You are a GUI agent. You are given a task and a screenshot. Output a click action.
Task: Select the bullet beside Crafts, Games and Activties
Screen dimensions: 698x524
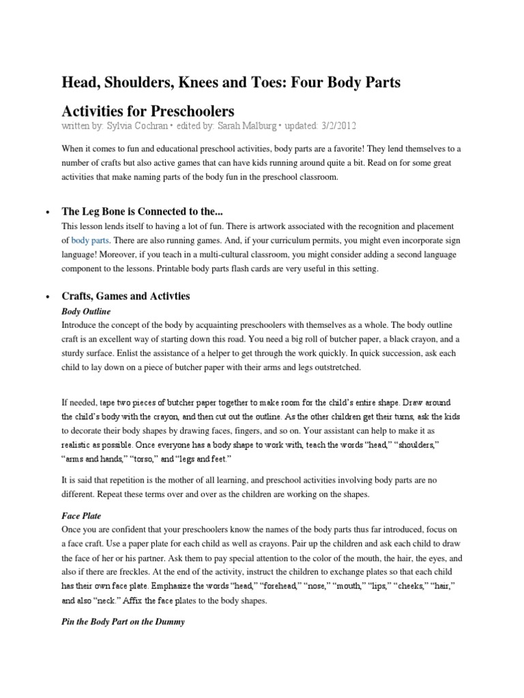[x=46, y=297]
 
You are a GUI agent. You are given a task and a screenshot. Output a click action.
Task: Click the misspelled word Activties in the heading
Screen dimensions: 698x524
[x=166, y=297]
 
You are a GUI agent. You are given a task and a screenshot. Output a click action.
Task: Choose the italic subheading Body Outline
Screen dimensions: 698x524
[x=86, y=311]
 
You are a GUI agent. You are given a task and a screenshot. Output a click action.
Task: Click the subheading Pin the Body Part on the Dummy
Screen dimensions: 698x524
[x=123, y=622]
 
